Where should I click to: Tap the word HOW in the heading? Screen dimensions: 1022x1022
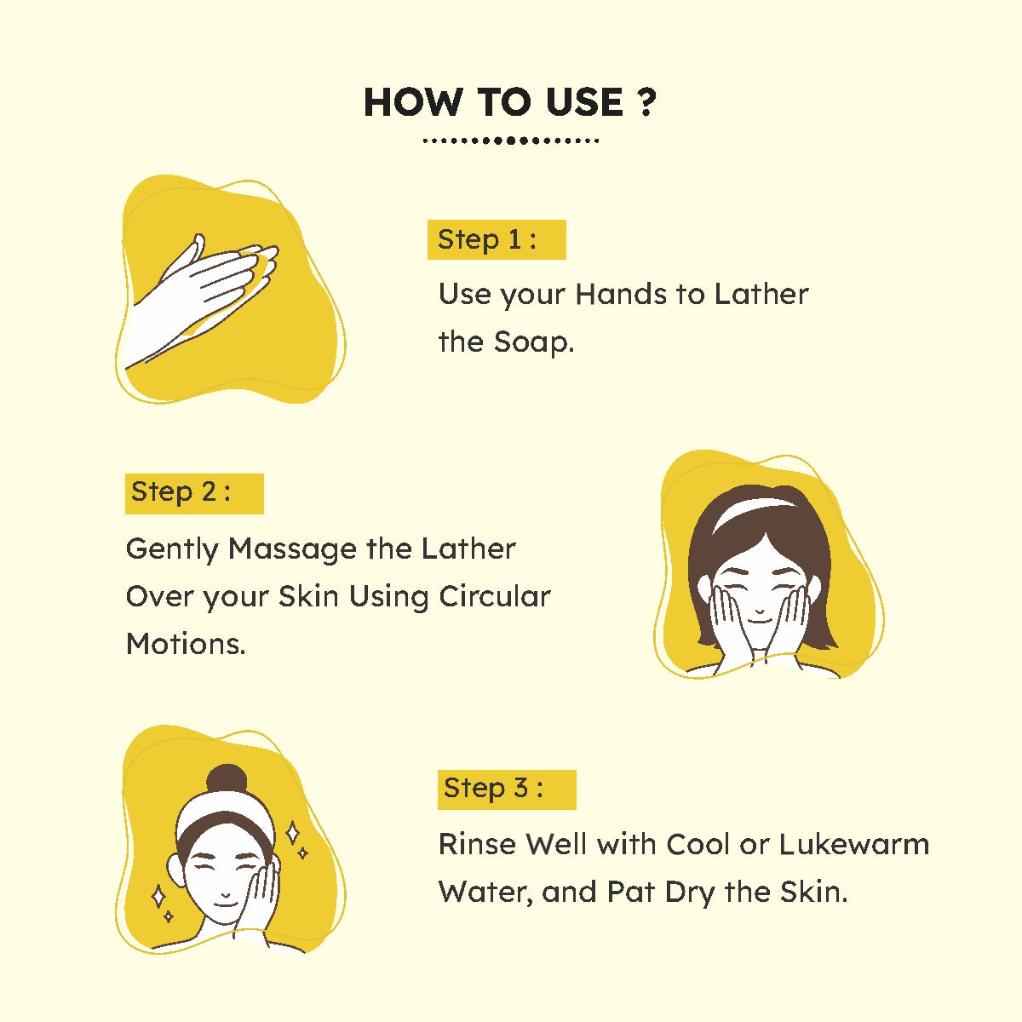411,102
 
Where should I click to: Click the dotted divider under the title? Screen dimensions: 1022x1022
511,141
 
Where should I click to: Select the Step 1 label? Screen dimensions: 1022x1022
497,239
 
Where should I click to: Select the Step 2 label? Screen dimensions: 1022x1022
194,493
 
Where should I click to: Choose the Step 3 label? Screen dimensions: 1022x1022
507,789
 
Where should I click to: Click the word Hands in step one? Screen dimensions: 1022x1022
621,295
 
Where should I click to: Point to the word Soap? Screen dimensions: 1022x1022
533,343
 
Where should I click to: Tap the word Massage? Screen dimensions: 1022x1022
292,550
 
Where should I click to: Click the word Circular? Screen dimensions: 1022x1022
494,597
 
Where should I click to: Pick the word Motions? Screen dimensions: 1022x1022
186,645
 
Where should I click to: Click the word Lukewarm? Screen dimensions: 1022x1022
854,844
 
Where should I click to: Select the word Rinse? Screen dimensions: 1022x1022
477,844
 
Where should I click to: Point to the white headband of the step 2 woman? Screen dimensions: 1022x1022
760,515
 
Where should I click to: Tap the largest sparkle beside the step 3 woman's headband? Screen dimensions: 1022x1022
292,833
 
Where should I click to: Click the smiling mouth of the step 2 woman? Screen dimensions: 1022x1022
760,620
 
